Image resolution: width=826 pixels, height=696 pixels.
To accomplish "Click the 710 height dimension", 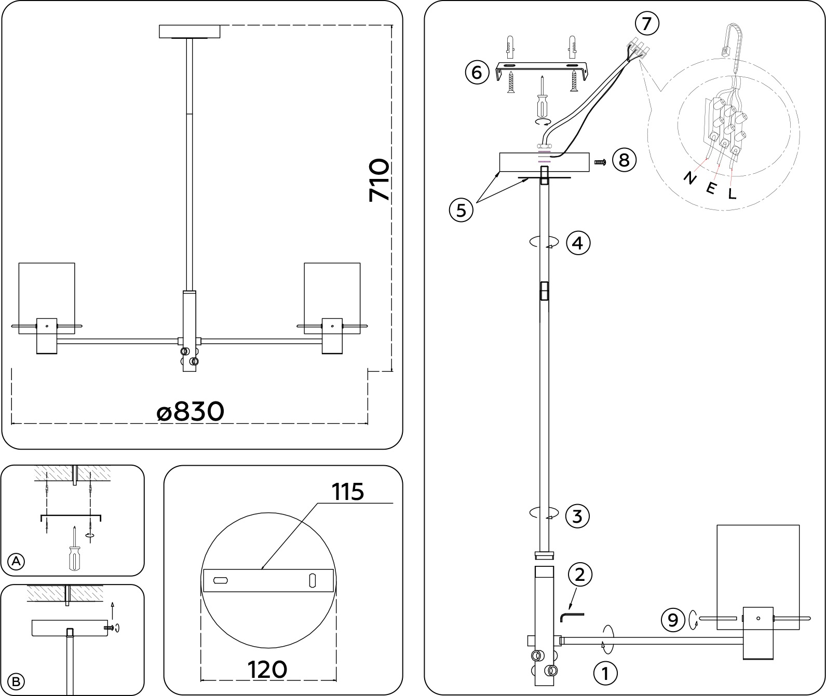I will (x=378, y=180).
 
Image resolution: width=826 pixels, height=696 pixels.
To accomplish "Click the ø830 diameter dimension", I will (x=191, y=412).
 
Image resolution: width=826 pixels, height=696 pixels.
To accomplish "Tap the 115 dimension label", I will (x=348, y=492).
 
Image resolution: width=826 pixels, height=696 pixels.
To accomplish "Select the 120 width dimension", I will (x=267, y=670).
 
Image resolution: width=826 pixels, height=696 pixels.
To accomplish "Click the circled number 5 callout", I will (x=461, y=210).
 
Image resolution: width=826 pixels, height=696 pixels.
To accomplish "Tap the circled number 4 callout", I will (x=578, y=243).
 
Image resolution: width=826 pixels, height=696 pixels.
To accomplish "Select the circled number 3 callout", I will (x=578, y=516).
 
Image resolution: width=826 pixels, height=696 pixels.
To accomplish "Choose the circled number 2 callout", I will (x=580, y=574).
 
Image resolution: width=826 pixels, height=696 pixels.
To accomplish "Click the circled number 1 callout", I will (x=605, y=674).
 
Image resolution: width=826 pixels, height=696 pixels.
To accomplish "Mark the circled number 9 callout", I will (x=673, y=620).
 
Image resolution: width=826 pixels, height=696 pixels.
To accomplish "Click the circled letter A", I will (x=17, y=561).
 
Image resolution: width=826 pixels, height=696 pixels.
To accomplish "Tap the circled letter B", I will (x=16, y=681).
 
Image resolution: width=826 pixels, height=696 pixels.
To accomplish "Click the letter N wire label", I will (x=690, y=178).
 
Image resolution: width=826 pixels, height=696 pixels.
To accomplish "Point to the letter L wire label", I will (x=732, y=194).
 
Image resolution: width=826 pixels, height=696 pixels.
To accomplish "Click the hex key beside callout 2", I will (x=572, y=617).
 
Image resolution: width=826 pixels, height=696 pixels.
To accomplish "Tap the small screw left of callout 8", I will (x=600, y=162).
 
